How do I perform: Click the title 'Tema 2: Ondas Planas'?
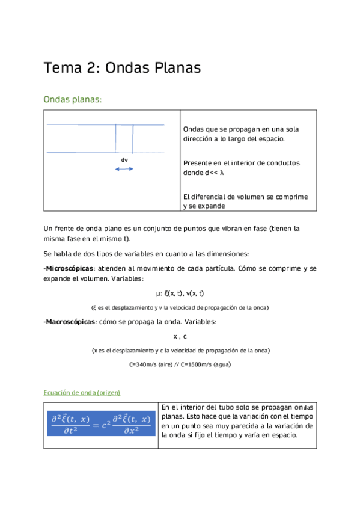(122, 68)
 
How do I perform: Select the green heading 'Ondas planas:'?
(73, 100)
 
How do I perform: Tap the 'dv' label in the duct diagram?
(124, 159)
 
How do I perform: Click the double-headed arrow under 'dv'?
(124, 169)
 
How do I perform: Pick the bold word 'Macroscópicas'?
(70, 322)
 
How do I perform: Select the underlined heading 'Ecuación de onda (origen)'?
(82, 392)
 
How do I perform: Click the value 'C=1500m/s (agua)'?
(201, 364)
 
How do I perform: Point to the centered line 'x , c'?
(180, 336)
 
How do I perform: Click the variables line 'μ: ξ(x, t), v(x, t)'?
(180, 293)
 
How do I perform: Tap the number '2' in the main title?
(92, 68)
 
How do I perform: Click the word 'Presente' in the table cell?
(197, 163)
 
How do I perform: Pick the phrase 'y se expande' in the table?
(204, 206)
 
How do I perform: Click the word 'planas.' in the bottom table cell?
(174, 416)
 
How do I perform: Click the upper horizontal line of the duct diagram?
(105, 124)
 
